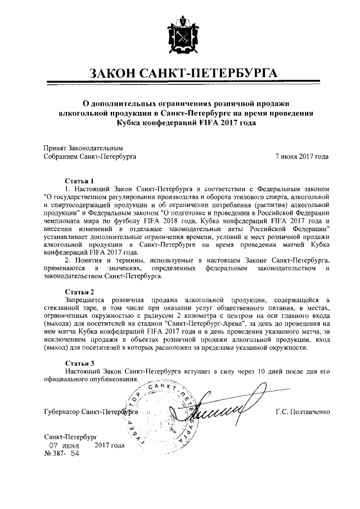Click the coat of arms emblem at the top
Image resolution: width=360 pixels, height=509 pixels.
(x=181, y=35)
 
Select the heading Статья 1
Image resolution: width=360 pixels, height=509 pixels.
(x=79, y=182)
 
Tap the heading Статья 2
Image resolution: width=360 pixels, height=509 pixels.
(x=79, y=291)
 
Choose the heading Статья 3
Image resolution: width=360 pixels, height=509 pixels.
(x=79, y=363)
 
